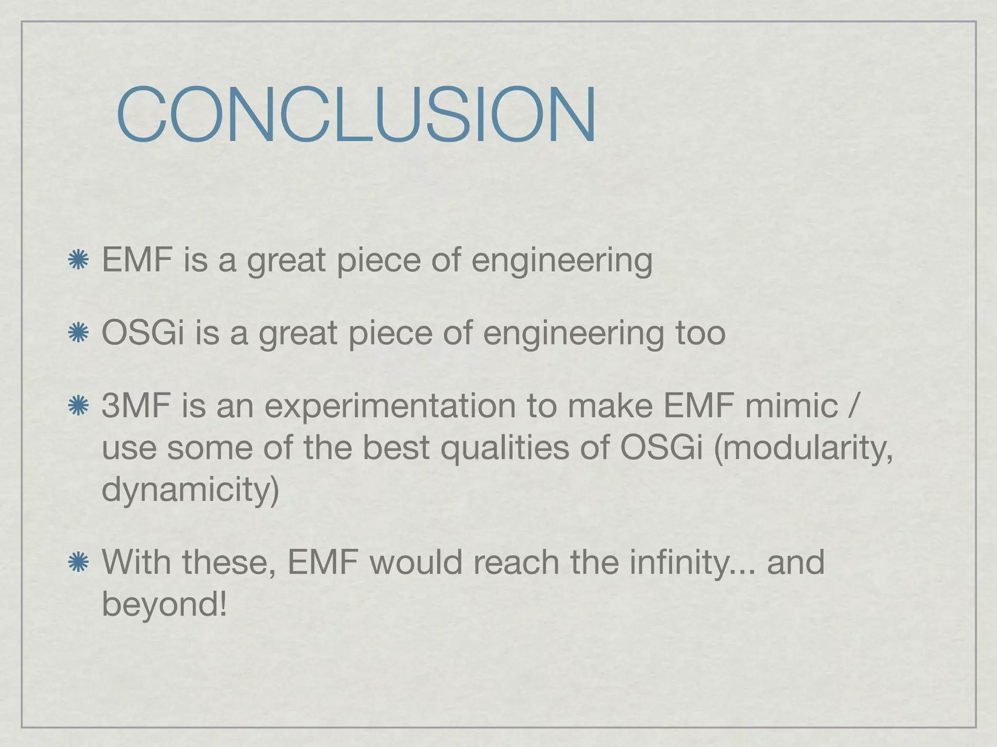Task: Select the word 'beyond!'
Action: pos(164,605)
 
